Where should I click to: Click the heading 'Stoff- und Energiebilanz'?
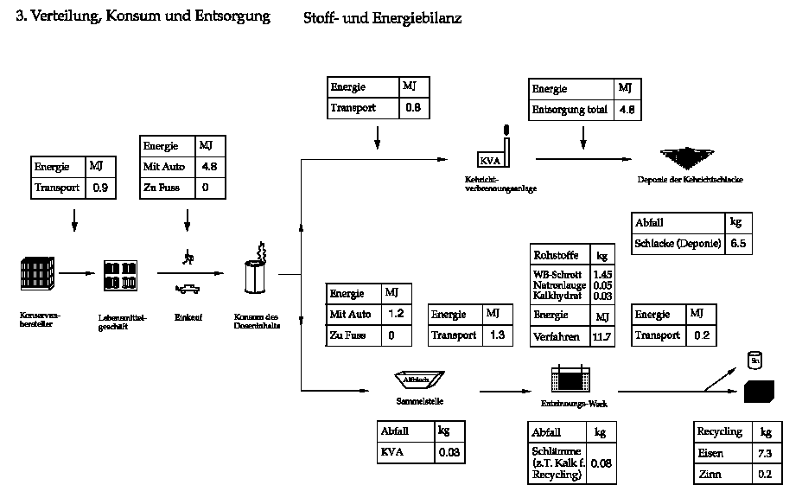click(382, 17)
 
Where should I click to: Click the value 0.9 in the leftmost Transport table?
click(100, 187)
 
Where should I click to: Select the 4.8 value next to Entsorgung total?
click(626, 110)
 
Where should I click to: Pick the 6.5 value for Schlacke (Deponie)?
click(737, 244)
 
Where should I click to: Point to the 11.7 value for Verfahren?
click(601, 336)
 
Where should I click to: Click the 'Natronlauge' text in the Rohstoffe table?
click(560, 285)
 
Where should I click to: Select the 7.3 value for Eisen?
click(765, 453)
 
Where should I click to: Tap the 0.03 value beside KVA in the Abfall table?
click(449, 452)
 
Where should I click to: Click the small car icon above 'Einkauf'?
click(187, 289)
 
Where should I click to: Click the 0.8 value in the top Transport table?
click(413, 109)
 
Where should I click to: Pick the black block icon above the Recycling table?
click(760, 392)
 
